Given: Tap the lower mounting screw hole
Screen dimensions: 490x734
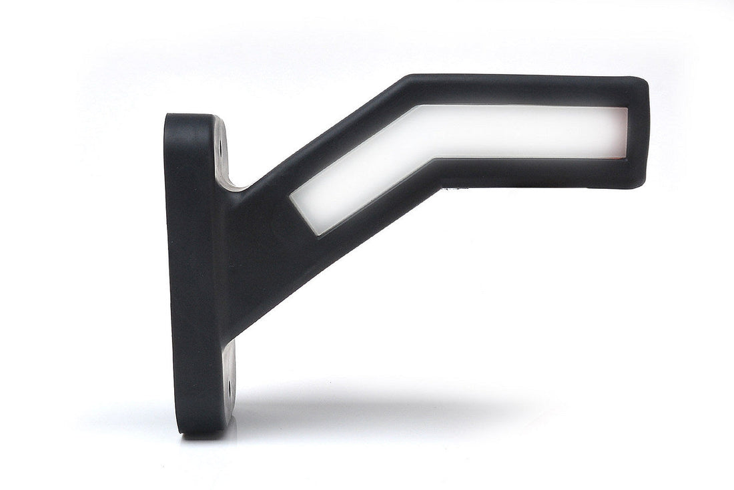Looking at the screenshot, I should click(228, 387).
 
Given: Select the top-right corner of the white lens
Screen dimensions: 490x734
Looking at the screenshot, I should click(627, 108).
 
